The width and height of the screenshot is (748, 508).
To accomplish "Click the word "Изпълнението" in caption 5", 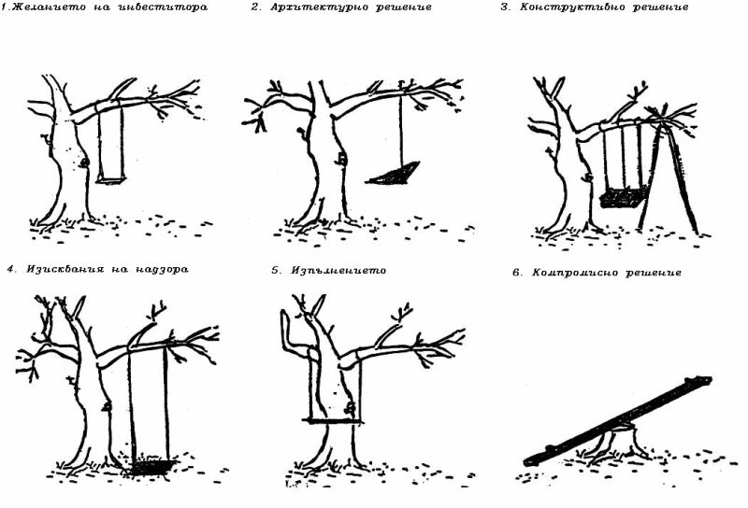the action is point(338,270).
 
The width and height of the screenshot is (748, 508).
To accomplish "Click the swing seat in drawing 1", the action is point(111,180).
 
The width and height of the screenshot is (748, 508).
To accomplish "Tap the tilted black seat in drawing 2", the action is point(393,174).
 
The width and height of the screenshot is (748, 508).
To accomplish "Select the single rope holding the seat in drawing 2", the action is point(401,129).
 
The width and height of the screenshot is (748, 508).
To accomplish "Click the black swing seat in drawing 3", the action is point(623,198).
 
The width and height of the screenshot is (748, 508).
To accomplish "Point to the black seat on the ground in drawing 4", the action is point(152,467).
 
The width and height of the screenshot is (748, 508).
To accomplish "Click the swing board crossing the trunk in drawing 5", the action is point(333,421).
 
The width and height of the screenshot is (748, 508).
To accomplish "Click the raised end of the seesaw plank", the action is point(706,380).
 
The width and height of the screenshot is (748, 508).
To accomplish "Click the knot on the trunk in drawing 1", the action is point(84,163).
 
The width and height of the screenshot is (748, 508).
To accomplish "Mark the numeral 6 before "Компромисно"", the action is point(516,273).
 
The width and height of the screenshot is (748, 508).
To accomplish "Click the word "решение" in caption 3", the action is point(661,7).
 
